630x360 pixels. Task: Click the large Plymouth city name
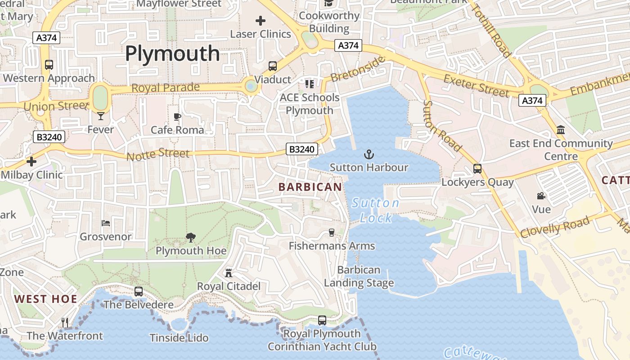172,54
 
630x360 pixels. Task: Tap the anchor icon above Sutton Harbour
369,155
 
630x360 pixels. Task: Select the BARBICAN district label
310,187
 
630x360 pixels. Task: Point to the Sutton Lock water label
375,211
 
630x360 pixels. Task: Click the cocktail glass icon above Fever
100,116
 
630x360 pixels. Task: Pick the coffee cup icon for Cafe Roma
177,117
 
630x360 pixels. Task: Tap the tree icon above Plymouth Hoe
191,238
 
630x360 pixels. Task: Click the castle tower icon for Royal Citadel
229,273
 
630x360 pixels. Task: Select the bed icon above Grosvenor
105,223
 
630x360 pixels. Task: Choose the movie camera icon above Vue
541,196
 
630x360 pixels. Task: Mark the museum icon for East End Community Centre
561,130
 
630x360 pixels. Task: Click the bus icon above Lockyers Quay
477,169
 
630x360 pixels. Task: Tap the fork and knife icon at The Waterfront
65,322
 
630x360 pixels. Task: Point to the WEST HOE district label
45,299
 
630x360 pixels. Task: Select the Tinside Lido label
179,337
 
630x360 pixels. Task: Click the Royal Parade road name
165,87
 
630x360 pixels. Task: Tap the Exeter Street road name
476,85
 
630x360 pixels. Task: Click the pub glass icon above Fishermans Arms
332,233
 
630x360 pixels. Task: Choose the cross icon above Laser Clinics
260,20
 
